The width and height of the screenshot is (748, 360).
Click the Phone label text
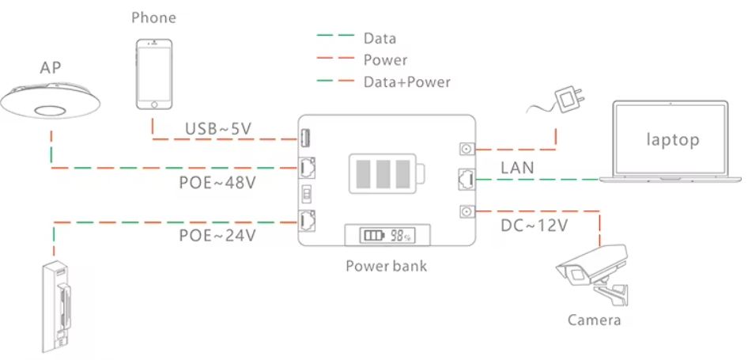(153, 17)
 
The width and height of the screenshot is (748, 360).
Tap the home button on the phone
(154, 104)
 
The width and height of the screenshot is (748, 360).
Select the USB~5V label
(218, 128)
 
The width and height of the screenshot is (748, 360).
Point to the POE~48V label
(217, 183)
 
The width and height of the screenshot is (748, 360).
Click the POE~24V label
(217, 235)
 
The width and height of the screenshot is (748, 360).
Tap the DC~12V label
(535, 225)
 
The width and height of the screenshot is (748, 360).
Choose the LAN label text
(517, 168)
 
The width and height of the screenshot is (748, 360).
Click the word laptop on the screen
(673, 139)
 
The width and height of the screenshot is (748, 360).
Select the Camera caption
(595, 320)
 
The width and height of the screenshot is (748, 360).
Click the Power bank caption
(387, 266)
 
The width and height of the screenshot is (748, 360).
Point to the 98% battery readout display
(387, 235)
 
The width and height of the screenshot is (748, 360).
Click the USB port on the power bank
(305, 139)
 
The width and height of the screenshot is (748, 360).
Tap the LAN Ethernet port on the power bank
(466, 180)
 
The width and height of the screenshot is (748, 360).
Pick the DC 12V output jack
(466, 211)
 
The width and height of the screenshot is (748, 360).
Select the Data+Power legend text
(407, 81)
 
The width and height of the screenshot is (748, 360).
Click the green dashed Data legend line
(336, 36)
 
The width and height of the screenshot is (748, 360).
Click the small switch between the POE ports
(306, 195)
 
